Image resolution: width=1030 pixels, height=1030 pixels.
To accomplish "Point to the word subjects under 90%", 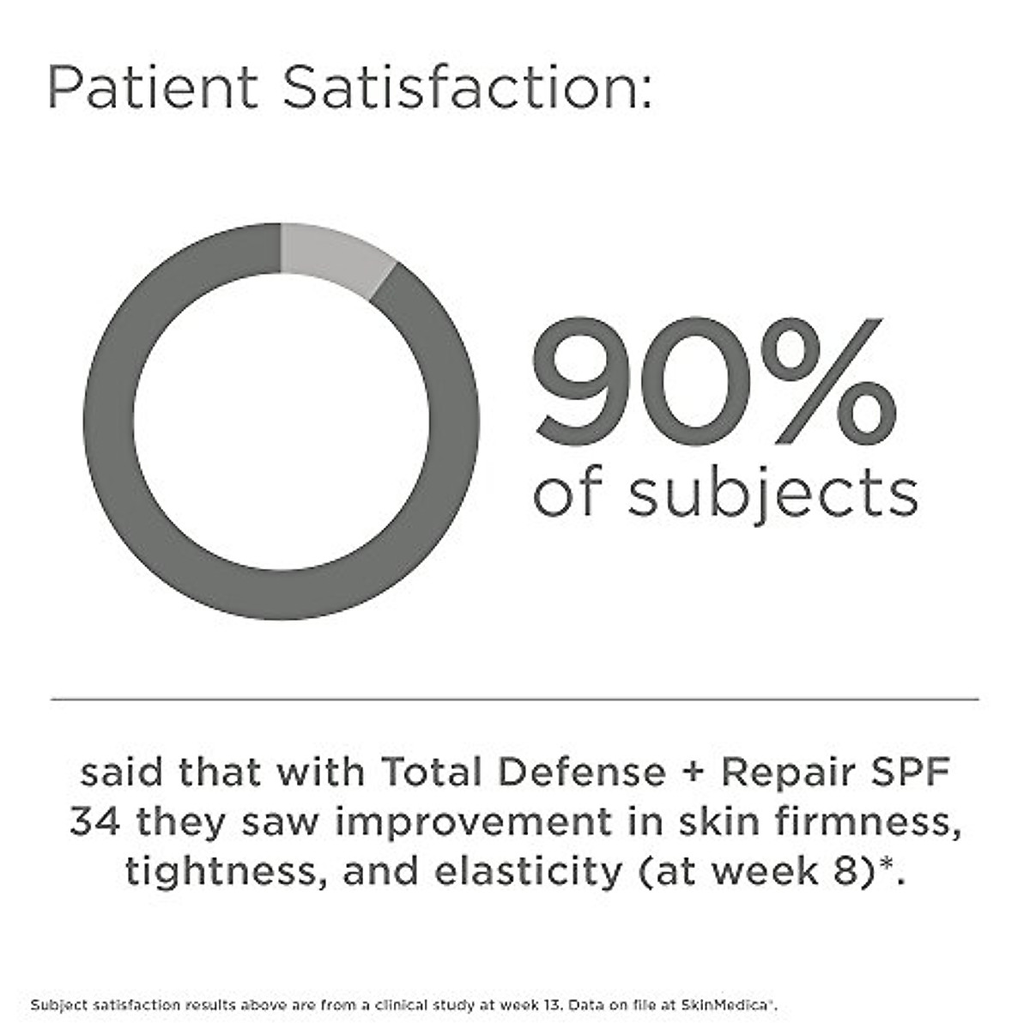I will pos(772,495).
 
